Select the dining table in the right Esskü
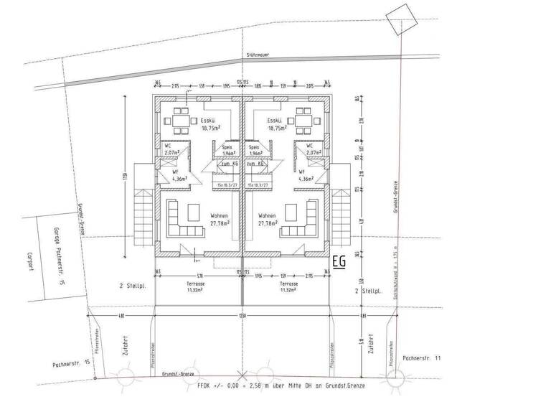pos(303,116)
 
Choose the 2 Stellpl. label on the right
pos(367,292)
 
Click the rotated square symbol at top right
pos(399,15)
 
